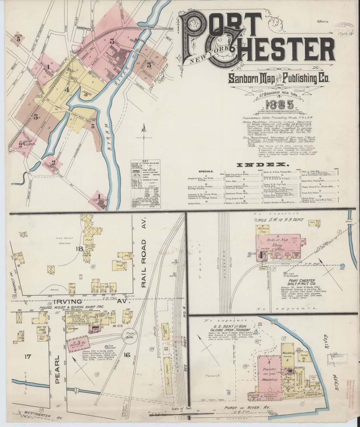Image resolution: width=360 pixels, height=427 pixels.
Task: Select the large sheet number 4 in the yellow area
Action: tap(67, 90)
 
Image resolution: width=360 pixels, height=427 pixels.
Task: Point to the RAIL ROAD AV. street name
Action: tap(144, 263)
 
